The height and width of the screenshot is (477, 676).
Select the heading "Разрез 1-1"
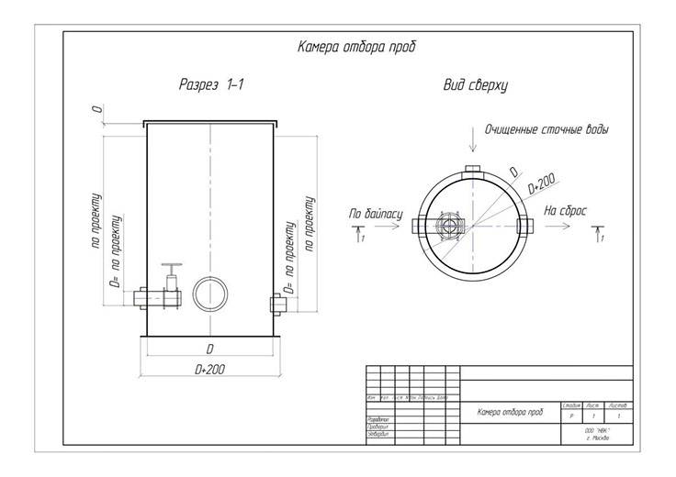pos(211,85)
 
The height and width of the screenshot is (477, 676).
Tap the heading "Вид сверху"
pos(475,85)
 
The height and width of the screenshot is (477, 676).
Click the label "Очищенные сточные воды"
pos(546,129)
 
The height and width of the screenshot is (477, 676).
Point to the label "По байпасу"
pos(375,213)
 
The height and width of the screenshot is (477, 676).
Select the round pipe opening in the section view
pos(209,294)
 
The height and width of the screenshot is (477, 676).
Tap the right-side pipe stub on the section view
pos(276,303)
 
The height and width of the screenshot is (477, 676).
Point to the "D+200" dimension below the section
pos(210,368)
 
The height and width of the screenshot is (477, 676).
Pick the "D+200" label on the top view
pos(541,187)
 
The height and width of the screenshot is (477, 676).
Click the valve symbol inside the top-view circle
pos(448,226)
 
